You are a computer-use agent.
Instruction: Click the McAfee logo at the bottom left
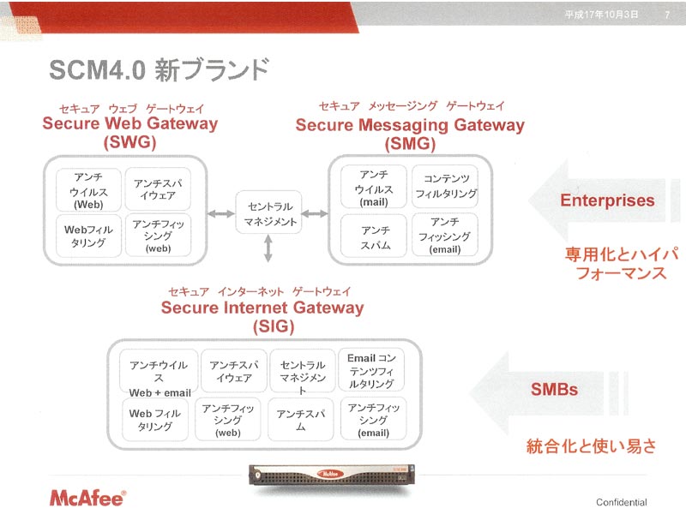pos(87,499)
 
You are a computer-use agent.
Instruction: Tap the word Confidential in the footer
pos(621,502)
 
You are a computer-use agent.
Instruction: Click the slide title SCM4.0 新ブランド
pos(159,70)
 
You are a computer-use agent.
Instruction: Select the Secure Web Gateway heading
pos(130,123)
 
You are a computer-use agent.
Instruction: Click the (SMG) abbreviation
pos(410,144)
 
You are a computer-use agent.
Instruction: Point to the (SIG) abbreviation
pos(274,326)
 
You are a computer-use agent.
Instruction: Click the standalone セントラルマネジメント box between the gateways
pos(268,212)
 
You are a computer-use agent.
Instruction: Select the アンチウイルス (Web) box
pos(88,190)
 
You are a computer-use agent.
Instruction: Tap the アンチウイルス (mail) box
pos(374,188)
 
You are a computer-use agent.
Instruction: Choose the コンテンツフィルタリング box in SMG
pos(445,186)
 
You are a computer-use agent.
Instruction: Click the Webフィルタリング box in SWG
pos(88,236)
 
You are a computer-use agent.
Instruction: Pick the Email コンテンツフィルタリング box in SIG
pos(371,370)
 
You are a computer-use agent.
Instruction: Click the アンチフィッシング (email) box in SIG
pos(373,419)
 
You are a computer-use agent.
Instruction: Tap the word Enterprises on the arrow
pos(607,200)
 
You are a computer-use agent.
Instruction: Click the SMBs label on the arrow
pos(554,390)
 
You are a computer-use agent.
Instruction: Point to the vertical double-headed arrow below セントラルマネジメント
pos(268,248)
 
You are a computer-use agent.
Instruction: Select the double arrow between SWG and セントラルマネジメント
pos(221,213)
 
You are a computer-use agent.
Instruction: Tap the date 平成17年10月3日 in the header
pos(601,15)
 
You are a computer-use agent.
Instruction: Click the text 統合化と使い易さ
pos(591,446)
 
